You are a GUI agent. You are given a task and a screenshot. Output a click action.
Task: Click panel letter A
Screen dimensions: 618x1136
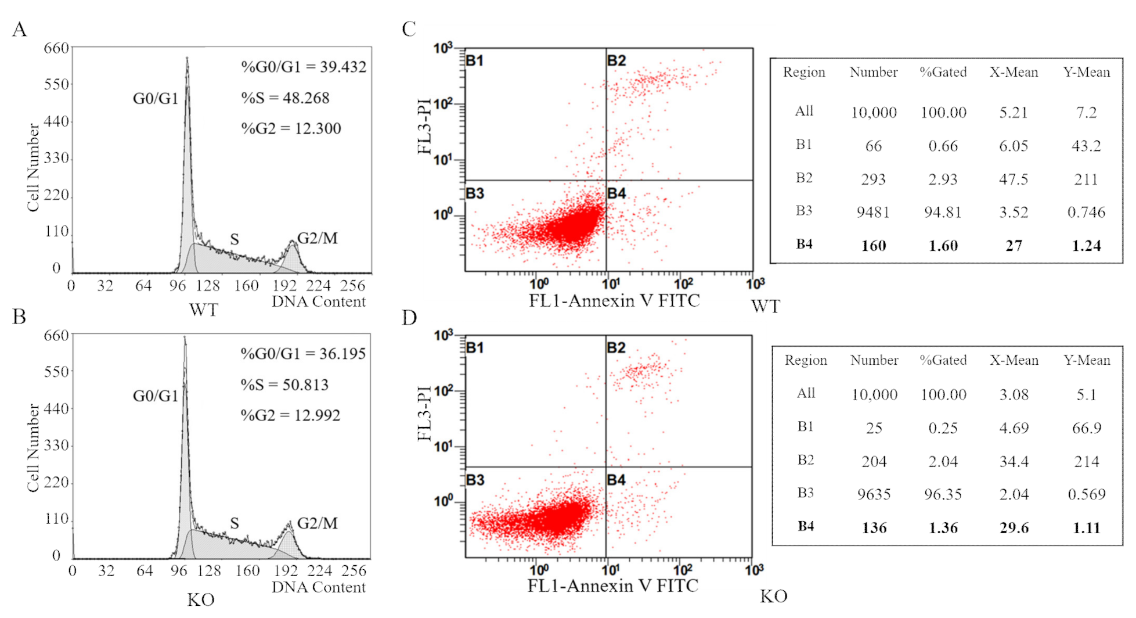point(19,29)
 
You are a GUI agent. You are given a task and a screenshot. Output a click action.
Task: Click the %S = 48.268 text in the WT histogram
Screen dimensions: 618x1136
point(285,98)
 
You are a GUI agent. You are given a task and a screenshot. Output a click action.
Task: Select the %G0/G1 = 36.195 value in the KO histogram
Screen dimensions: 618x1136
point(303,354)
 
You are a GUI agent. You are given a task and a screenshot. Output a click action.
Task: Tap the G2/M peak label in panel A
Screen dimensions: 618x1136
point(317,238)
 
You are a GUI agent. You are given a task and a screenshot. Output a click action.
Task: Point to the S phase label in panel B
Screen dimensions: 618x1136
point(235,523)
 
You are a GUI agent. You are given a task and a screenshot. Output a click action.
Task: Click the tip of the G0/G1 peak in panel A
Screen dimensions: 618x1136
point(187,58)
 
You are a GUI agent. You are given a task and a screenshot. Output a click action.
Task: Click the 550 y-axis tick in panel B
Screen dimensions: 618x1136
point(56,372)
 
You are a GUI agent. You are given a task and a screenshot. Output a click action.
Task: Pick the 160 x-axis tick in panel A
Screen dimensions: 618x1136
point(246,286)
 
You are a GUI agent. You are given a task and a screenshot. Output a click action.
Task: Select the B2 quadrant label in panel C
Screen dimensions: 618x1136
point(616,60)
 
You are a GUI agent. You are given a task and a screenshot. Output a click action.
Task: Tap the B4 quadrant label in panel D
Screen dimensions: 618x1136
point(616,480)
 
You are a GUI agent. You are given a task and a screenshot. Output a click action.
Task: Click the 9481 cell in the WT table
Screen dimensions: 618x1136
point(873,213)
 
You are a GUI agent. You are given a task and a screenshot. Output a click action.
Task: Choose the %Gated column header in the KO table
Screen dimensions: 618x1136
point(943,360)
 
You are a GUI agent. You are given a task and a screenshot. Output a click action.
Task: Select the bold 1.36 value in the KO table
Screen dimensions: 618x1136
point(943,528)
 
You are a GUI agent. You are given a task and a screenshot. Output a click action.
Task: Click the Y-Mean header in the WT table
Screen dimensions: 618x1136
point(1086,72)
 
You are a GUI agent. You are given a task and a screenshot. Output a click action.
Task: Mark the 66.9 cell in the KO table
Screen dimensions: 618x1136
point(1086,428)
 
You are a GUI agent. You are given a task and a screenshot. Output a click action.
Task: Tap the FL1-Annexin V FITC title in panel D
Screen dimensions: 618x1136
point(613,585)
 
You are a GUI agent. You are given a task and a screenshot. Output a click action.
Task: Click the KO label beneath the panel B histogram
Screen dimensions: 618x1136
point(201,599)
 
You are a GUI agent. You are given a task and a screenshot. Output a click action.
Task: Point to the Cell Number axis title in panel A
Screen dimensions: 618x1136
point(33,167)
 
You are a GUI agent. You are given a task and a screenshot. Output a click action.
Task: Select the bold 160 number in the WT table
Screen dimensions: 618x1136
point(873,246)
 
